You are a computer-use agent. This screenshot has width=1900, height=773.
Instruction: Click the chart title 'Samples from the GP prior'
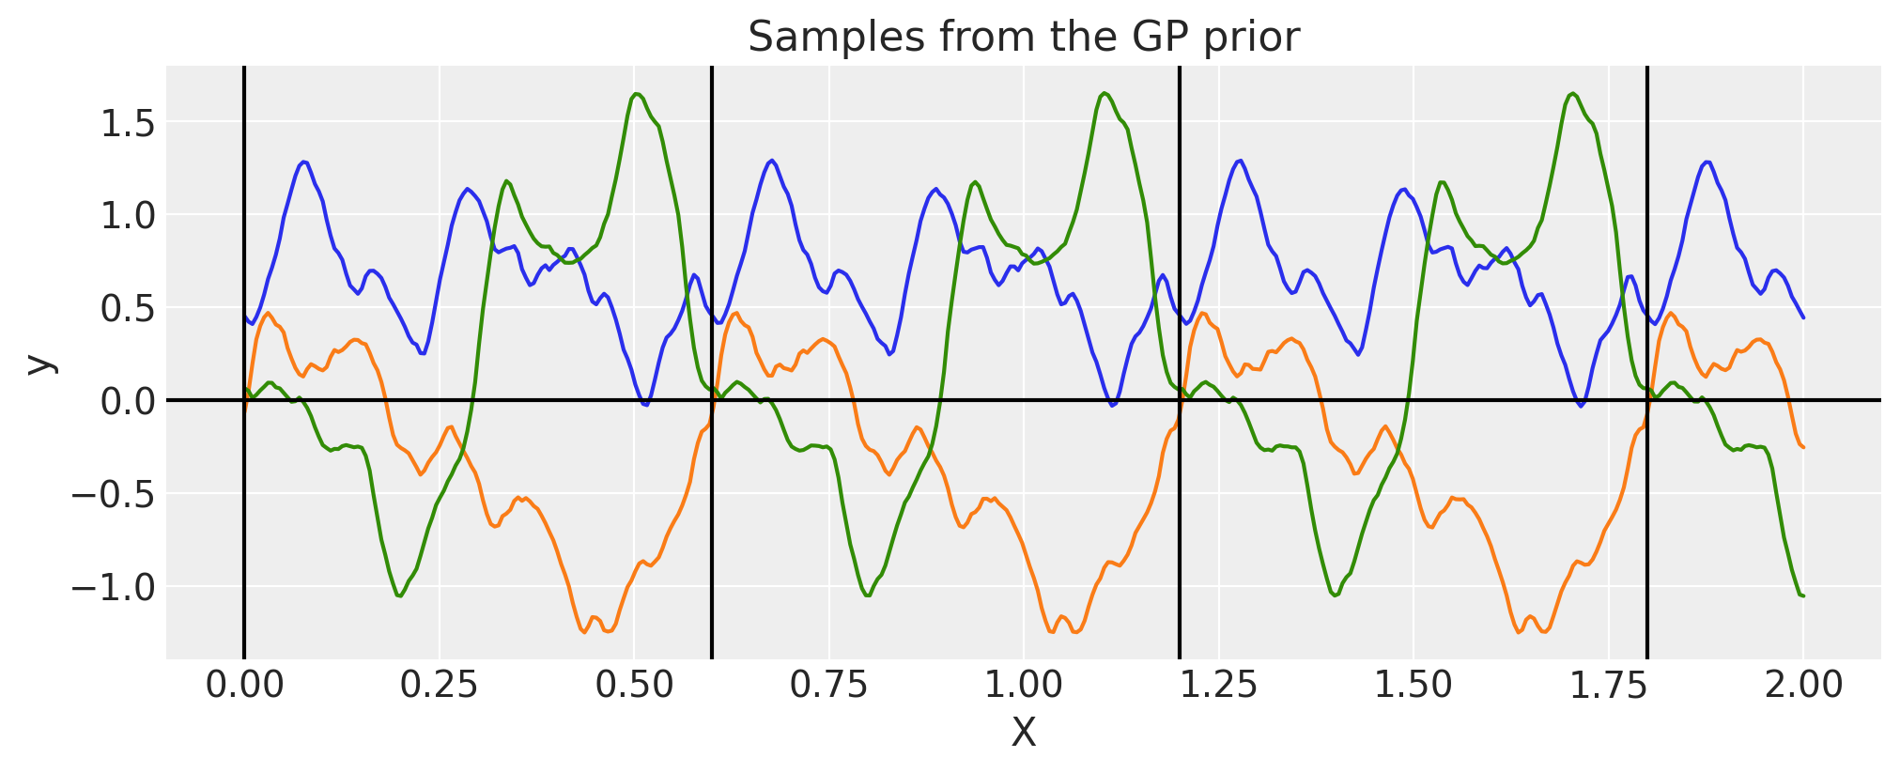point(1023,38)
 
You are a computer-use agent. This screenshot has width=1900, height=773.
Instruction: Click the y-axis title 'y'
point(39,363)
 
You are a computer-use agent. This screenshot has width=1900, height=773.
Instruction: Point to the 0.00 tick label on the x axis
point(244,685)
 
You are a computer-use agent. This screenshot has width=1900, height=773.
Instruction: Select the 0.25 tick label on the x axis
point(439,685)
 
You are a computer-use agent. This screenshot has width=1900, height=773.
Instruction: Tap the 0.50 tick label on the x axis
point(634,685)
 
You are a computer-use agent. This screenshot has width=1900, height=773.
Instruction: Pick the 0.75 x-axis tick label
point(828,685)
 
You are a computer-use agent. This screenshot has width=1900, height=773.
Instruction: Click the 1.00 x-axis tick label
point(1024,685)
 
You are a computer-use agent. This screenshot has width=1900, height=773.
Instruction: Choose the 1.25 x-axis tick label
point(1218,685)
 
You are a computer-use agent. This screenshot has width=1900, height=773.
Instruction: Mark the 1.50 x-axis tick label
point(1413,685)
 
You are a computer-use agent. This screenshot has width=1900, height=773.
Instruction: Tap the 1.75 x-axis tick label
point(1608,685)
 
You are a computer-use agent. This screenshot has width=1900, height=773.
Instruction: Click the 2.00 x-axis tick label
point(1803,685)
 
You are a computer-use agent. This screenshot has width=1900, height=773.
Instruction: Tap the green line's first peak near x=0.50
point(637,94)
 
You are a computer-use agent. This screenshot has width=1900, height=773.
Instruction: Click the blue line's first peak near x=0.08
point(303,162)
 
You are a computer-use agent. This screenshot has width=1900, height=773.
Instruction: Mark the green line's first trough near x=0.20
point(400,595)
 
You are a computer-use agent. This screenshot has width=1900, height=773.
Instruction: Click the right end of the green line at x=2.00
point(1802,595)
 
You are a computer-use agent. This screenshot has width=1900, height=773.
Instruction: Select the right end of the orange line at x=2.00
point(1802,447)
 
